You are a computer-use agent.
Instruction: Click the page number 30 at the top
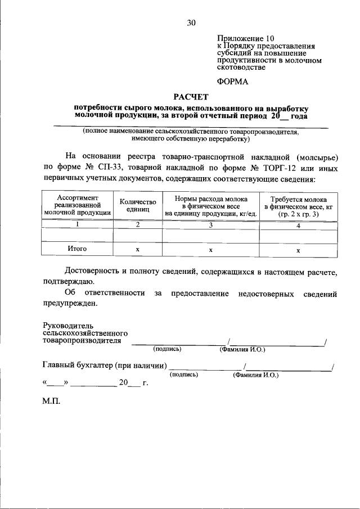(191, 23)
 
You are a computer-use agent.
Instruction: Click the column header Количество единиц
(137, 205)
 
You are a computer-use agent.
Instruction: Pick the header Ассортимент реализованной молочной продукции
(78, 205)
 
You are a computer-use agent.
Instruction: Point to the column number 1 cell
(78, 224)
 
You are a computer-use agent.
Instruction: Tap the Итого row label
(78, 248)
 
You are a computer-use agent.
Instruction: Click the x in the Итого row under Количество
(137, 249)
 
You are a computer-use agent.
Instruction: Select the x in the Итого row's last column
(298, 250)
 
